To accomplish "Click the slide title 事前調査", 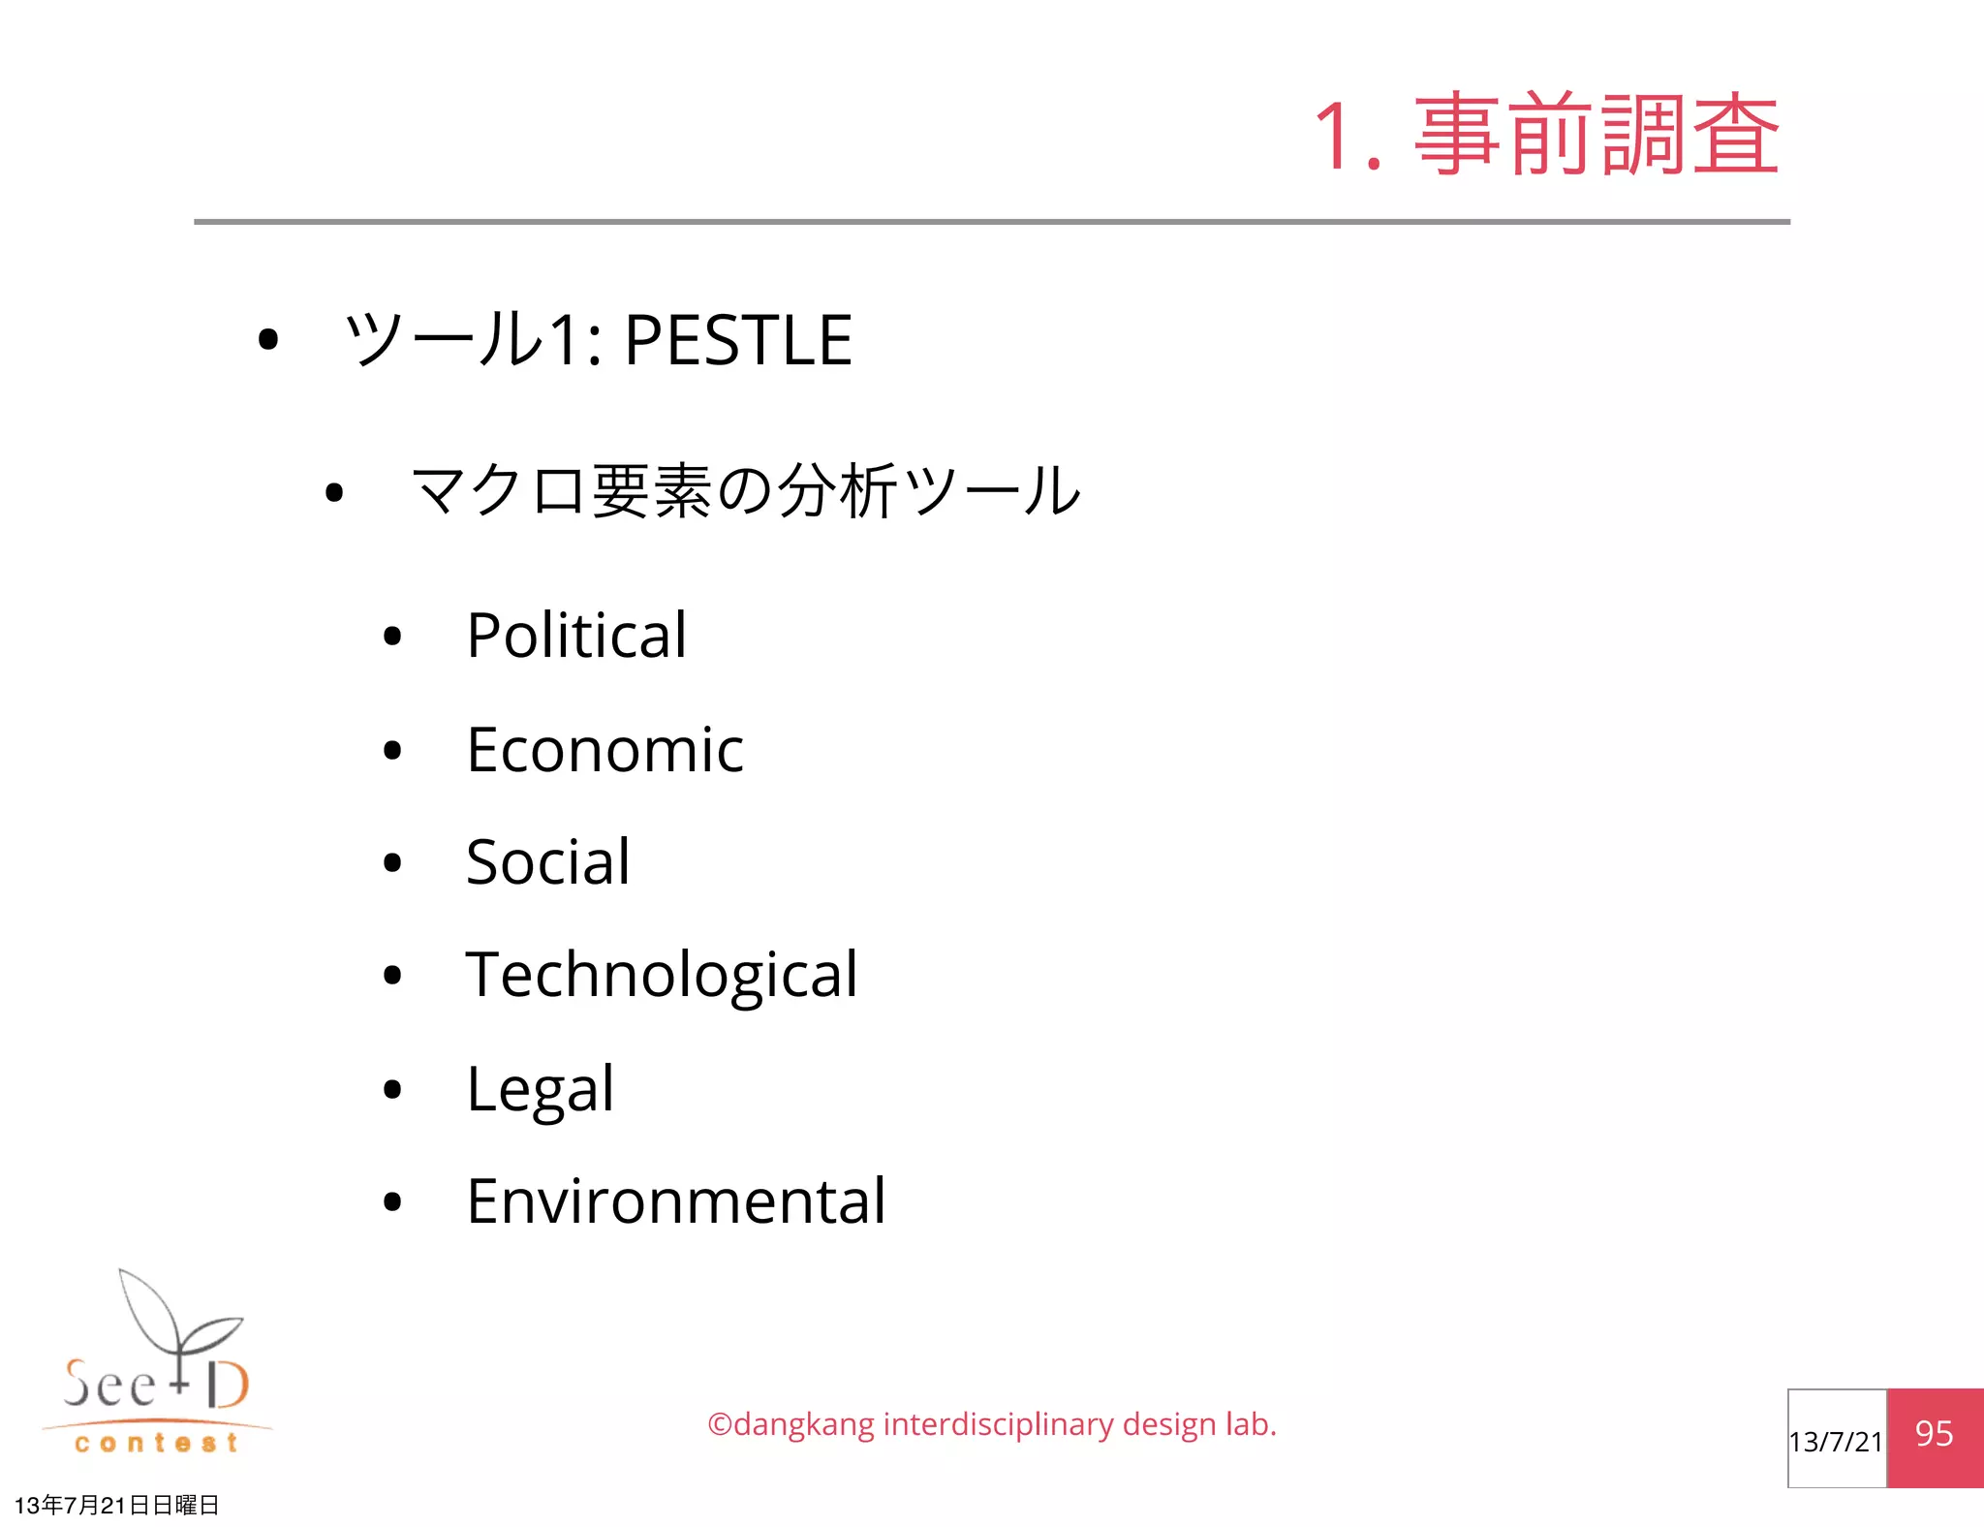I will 1596,136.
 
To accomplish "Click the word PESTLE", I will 737,341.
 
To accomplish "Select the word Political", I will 576,636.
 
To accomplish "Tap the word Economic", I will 604,750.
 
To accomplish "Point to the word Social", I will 547,862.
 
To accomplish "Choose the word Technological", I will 662,975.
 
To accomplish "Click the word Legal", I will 540,1089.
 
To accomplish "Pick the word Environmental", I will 675,1201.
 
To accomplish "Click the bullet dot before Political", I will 392,637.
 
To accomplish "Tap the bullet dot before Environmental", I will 392,1202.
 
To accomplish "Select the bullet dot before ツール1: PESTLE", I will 268,340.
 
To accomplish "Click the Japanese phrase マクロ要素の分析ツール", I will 745,491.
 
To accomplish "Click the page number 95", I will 1934,1434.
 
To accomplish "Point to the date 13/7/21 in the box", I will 1836,1442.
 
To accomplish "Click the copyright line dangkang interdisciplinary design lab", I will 992,1424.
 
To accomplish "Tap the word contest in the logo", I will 156,1444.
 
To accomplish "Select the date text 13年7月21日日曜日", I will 117,1505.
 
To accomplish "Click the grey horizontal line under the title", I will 992,222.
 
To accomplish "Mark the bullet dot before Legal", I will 392,1090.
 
